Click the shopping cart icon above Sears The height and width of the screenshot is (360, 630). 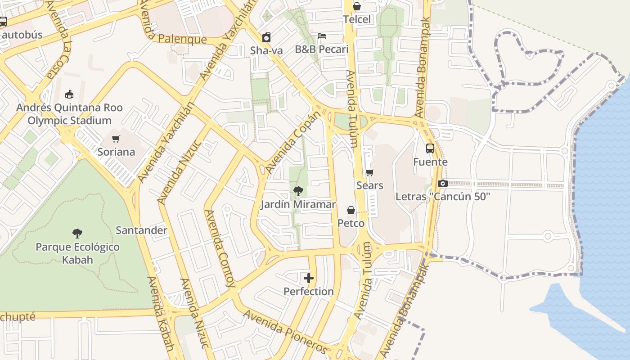(x=370, y=172)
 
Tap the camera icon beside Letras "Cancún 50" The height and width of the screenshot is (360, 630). (x=443, y=183)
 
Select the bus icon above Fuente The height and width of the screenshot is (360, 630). (x=430, y=148)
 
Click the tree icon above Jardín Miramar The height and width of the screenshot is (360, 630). (x=298, y=191)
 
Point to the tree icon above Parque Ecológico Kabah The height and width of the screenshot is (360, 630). (x=77, y=233)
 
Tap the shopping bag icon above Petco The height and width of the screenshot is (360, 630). (x=351, y=210)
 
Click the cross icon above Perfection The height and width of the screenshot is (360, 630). (x=309, y=278)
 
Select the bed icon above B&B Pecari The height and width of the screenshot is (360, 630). (x=322, y=36)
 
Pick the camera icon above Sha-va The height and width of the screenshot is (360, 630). (x=266, y=37)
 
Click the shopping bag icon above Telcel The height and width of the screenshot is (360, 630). (x=357, y=6)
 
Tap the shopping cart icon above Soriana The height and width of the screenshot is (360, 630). (x=116, y=139)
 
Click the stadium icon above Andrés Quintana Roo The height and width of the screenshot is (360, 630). (x=69, y=94)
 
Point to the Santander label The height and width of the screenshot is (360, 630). (x=141, y=230)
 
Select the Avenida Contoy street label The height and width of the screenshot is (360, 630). (x=220, y=248)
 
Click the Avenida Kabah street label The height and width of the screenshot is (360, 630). (x=161, y=314)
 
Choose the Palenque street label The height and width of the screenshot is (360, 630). (x=183, y=40)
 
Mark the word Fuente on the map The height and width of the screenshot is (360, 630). (x=430, y=162)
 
